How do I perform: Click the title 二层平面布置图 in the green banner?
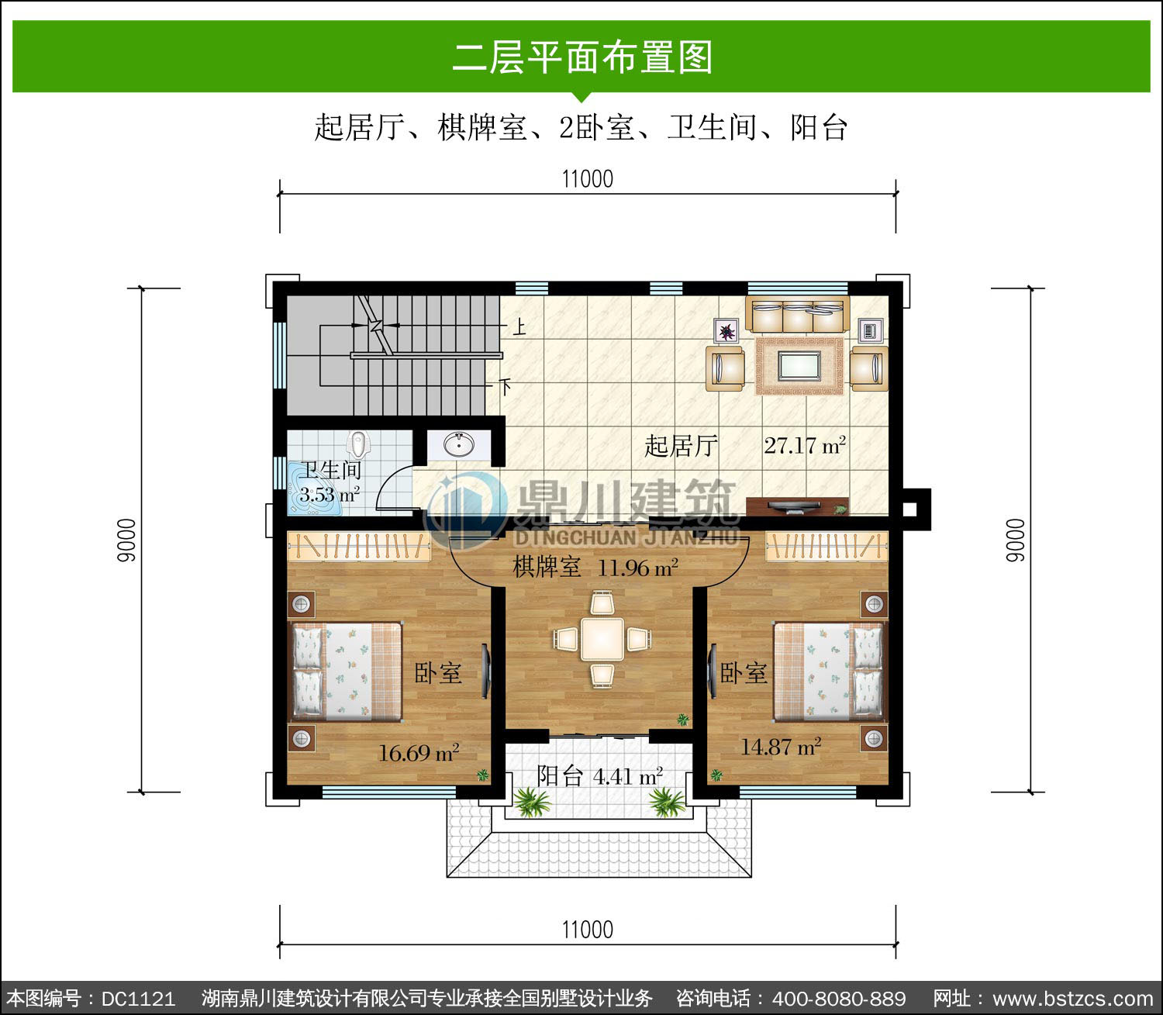[x=582, y=57]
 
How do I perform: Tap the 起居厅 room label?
[x=681, y=446]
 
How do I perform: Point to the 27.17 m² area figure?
[x=804, y=446]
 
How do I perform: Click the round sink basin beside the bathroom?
[x=458, y=444]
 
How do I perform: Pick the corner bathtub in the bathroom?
[x=314, y=489]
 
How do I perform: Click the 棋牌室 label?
[x=547, y=567]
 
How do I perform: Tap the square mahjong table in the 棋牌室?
[x=602, y=639]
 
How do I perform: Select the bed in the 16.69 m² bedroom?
[x=347, y=671]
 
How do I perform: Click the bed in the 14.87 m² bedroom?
[x=829, y=671]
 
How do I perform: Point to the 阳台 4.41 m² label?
[x=599, y=775]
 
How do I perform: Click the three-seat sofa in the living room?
[x=798, y=314]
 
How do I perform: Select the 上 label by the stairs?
[x=519, y=326]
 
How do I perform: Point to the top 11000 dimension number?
[x=588, y=179]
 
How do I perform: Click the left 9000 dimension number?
[x=126, y=540]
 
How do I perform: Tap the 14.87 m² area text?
[x=781, y=747]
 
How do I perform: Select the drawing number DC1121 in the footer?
[x=138, y=999]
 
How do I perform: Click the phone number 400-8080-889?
[x=838, y=999]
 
